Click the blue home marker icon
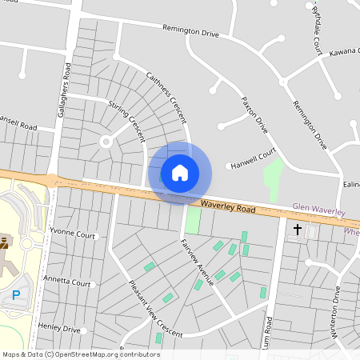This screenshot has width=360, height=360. [x=179, y=173]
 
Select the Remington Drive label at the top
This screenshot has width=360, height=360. [x=190, y=34]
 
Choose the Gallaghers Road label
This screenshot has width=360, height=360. [x=63, y=90]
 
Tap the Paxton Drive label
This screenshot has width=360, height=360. [x=254, y=113]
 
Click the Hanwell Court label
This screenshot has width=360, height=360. [x=253, y=158]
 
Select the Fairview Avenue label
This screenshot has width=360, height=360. [x=198, y=262]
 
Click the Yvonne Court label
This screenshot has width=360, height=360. [x=72, y=236]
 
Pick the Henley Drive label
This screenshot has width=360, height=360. [x=61, y=329]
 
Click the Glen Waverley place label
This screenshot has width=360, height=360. [x=318, y=210]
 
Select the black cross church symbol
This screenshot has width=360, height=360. [x=298, y=230]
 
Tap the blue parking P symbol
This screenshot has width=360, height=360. [x=16, y=296]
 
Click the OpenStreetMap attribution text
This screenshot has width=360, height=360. [x=81, y=354]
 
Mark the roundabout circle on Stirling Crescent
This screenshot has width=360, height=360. [x=104, y=142]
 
